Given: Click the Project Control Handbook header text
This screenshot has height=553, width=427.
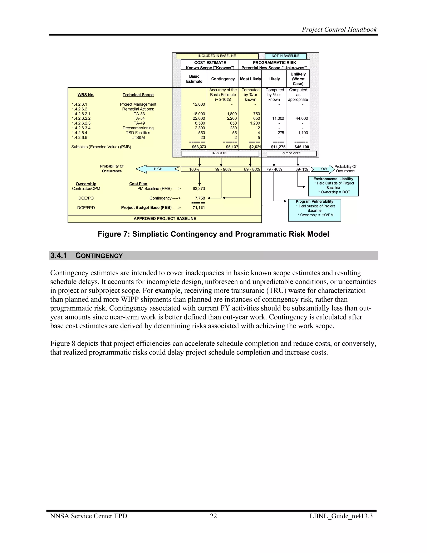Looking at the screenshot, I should pyautogui.click(x=339, y=29).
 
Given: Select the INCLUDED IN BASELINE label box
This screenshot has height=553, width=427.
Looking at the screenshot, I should pyautogui.click(x=217, y=56).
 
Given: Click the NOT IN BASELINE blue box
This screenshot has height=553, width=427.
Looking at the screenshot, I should pyautogui.click(x=285, y=56).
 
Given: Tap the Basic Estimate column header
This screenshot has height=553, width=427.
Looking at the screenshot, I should pyautogui.click(x=194, y=79).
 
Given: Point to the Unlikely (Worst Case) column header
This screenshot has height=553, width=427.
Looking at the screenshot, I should pyautogui.click(x=298, y=79).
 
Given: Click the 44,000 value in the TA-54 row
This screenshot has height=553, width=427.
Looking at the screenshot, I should pyautogui.click(x=301, y=119).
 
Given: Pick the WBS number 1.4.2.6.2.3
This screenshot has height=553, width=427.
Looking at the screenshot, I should pyautogui.click(x=81, y=123).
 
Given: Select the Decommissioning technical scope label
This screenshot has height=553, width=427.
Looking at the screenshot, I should pyautogui.click(x=138, y=128).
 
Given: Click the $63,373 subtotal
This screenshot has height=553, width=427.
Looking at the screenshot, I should pyautogui.click(x=199, y=147).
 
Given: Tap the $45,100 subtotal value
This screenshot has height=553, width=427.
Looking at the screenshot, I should pyautogui.click(x=301, y=147).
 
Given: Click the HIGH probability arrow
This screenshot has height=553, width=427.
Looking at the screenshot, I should pyautogui.click(x=158, y=169).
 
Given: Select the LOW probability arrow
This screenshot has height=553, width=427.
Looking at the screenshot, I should pyautogui.click(x=323, y=169).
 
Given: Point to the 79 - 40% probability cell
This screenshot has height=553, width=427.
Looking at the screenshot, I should pyautogui.click(x=274, y=169).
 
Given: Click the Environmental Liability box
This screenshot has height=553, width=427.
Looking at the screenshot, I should pyautogui.click(x=333, y=186).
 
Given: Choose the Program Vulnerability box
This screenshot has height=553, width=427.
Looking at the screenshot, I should pyautogui.click(x=314, y=210).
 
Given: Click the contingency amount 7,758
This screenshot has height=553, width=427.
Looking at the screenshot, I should pyautogui.click(x=200, y=198).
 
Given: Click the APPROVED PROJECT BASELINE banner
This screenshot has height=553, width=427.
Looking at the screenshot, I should pyautogui.click(x=165, y=218).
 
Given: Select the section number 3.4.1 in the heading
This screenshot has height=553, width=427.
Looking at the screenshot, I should pyautogui.click(x=58, y=255).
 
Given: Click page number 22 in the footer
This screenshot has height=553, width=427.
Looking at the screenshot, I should pyautogui.click(x=213, y=516).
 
